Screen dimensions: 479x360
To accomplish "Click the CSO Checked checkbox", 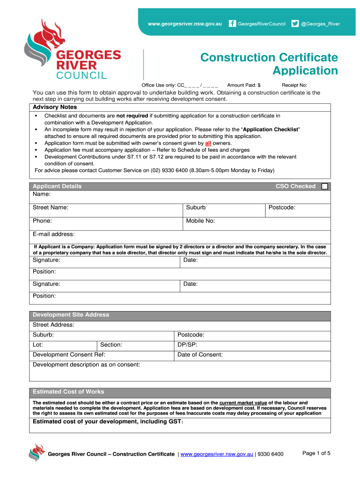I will (x=325, y=186).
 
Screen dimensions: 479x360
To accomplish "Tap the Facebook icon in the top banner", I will (x=232, y=24).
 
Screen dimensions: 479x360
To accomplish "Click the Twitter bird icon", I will (x=295, y=24).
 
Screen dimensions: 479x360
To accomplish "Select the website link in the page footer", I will (x=216, y=454).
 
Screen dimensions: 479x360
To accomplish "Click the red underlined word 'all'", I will (x=209, y=143).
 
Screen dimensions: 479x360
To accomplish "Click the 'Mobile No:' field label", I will (x=201, y=221).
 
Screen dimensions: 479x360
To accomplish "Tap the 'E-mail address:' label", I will (x=54, y=234).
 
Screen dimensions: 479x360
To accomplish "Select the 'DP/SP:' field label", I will (x=187, y=345).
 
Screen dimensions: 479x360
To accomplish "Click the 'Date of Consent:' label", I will (x=200, y=355).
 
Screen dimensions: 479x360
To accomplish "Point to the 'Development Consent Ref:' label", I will (x=69, y=355).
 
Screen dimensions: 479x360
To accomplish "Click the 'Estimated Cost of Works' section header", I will (x=68, y=392).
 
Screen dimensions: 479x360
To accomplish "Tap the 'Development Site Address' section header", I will (x=71, y=315).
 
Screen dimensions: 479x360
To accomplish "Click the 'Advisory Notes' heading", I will (x=55, y=107).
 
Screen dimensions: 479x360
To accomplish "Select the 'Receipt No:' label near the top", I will (x=295, y=85).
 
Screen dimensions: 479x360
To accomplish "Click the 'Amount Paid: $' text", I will (x=244, y=85).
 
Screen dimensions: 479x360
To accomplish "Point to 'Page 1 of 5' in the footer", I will (x=317, y=453).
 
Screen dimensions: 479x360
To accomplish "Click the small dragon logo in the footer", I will (x=36, y=452).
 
